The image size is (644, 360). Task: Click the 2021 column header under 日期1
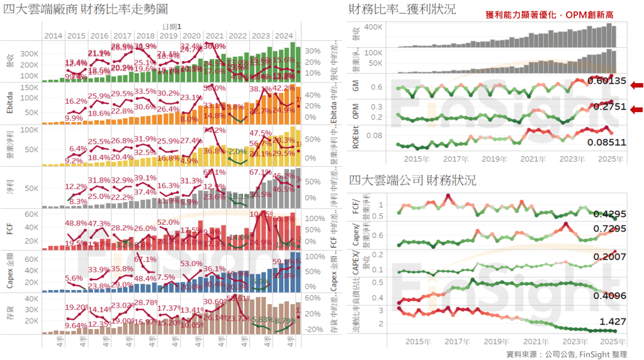pyautogui.click(x=215, y=36)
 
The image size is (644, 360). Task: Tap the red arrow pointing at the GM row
pyautogui.click(x=636, y=85)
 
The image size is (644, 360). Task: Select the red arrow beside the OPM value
pyautogui.click(x=636, y=108)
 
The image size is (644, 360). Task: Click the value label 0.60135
pyautogui.click(x=607, y=81)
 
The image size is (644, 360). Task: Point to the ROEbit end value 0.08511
pyautogui.click(x=607, y=142)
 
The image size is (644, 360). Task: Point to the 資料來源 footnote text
pyautogui.click(x=567, y=354)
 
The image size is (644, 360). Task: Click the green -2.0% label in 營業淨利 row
pyautogui.click(x=238, y=152)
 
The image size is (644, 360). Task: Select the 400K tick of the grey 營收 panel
pyautogui.click(x=375, y=28)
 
